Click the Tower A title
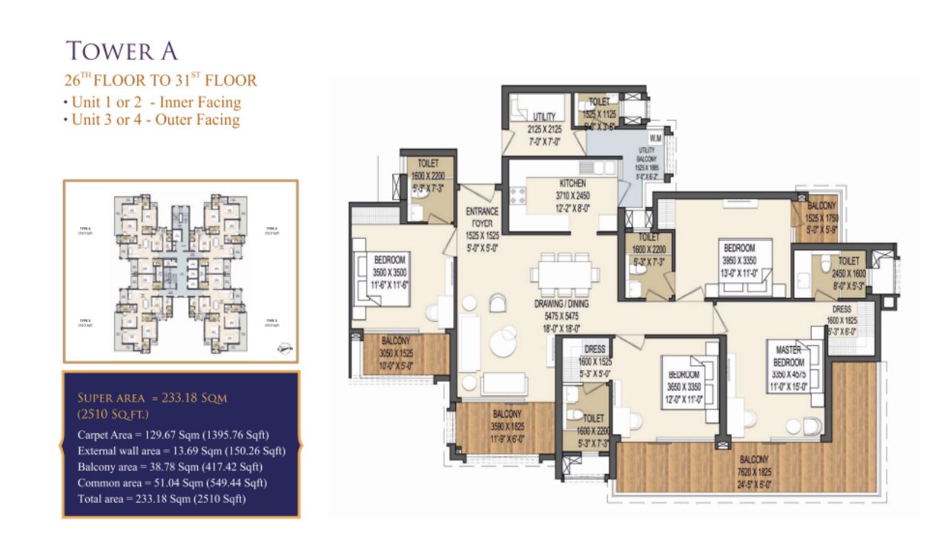tap(122, 50)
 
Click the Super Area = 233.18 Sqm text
tap(152, 398)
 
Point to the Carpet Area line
tap(173, 434)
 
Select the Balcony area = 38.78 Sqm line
tap(170, 467)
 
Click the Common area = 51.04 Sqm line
tap(172, 483)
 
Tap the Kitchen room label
tap(572, 183)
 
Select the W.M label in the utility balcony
tap(655, 137)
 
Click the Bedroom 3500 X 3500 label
tap(389, 260)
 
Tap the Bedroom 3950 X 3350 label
tap(739, 248)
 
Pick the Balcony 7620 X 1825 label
tap(753, 460)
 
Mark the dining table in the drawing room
tap(565, 274)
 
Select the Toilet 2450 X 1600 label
tap(849, 261)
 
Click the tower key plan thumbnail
tap(180, 271)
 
